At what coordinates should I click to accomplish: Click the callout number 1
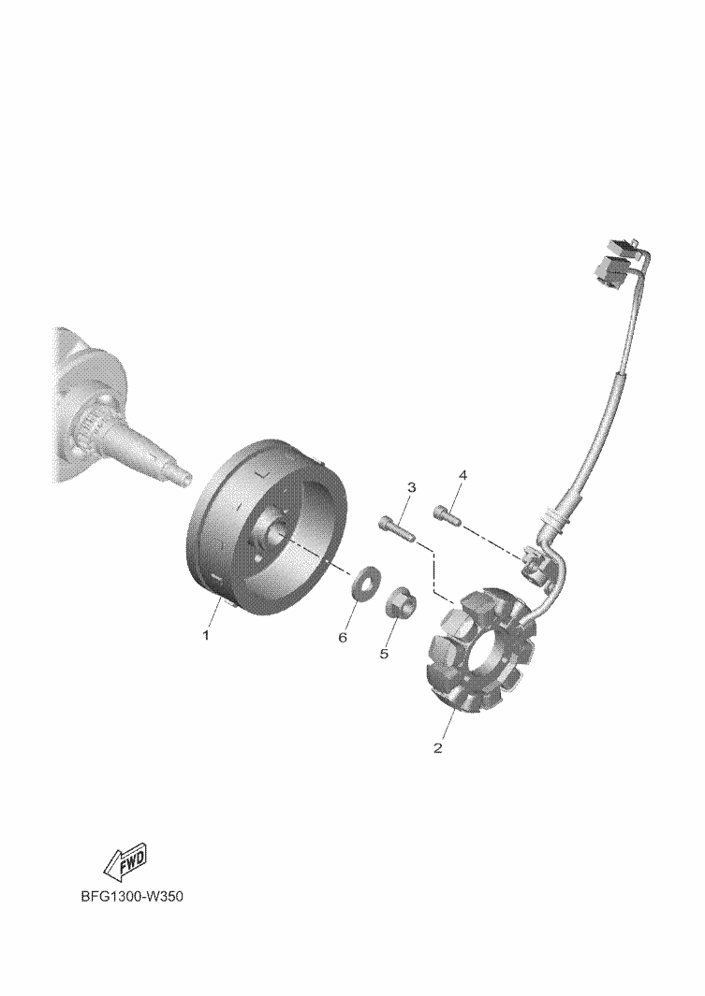tap(205, 635)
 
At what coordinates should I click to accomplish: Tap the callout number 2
tap(437, 747)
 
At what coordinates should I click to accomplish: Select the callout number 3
tap(411, 488)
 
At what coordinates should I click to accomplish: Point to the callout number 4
tap(463, 475)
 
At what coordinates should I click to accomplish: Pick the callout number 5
tap(384, 653)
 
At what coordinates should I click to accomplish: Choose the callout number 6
tap(343, 637)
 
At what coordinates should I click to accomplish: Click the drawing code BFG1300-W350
tap(132, 898)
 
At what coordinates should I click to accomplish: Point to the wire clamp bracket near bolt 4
tap(534, 565)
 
